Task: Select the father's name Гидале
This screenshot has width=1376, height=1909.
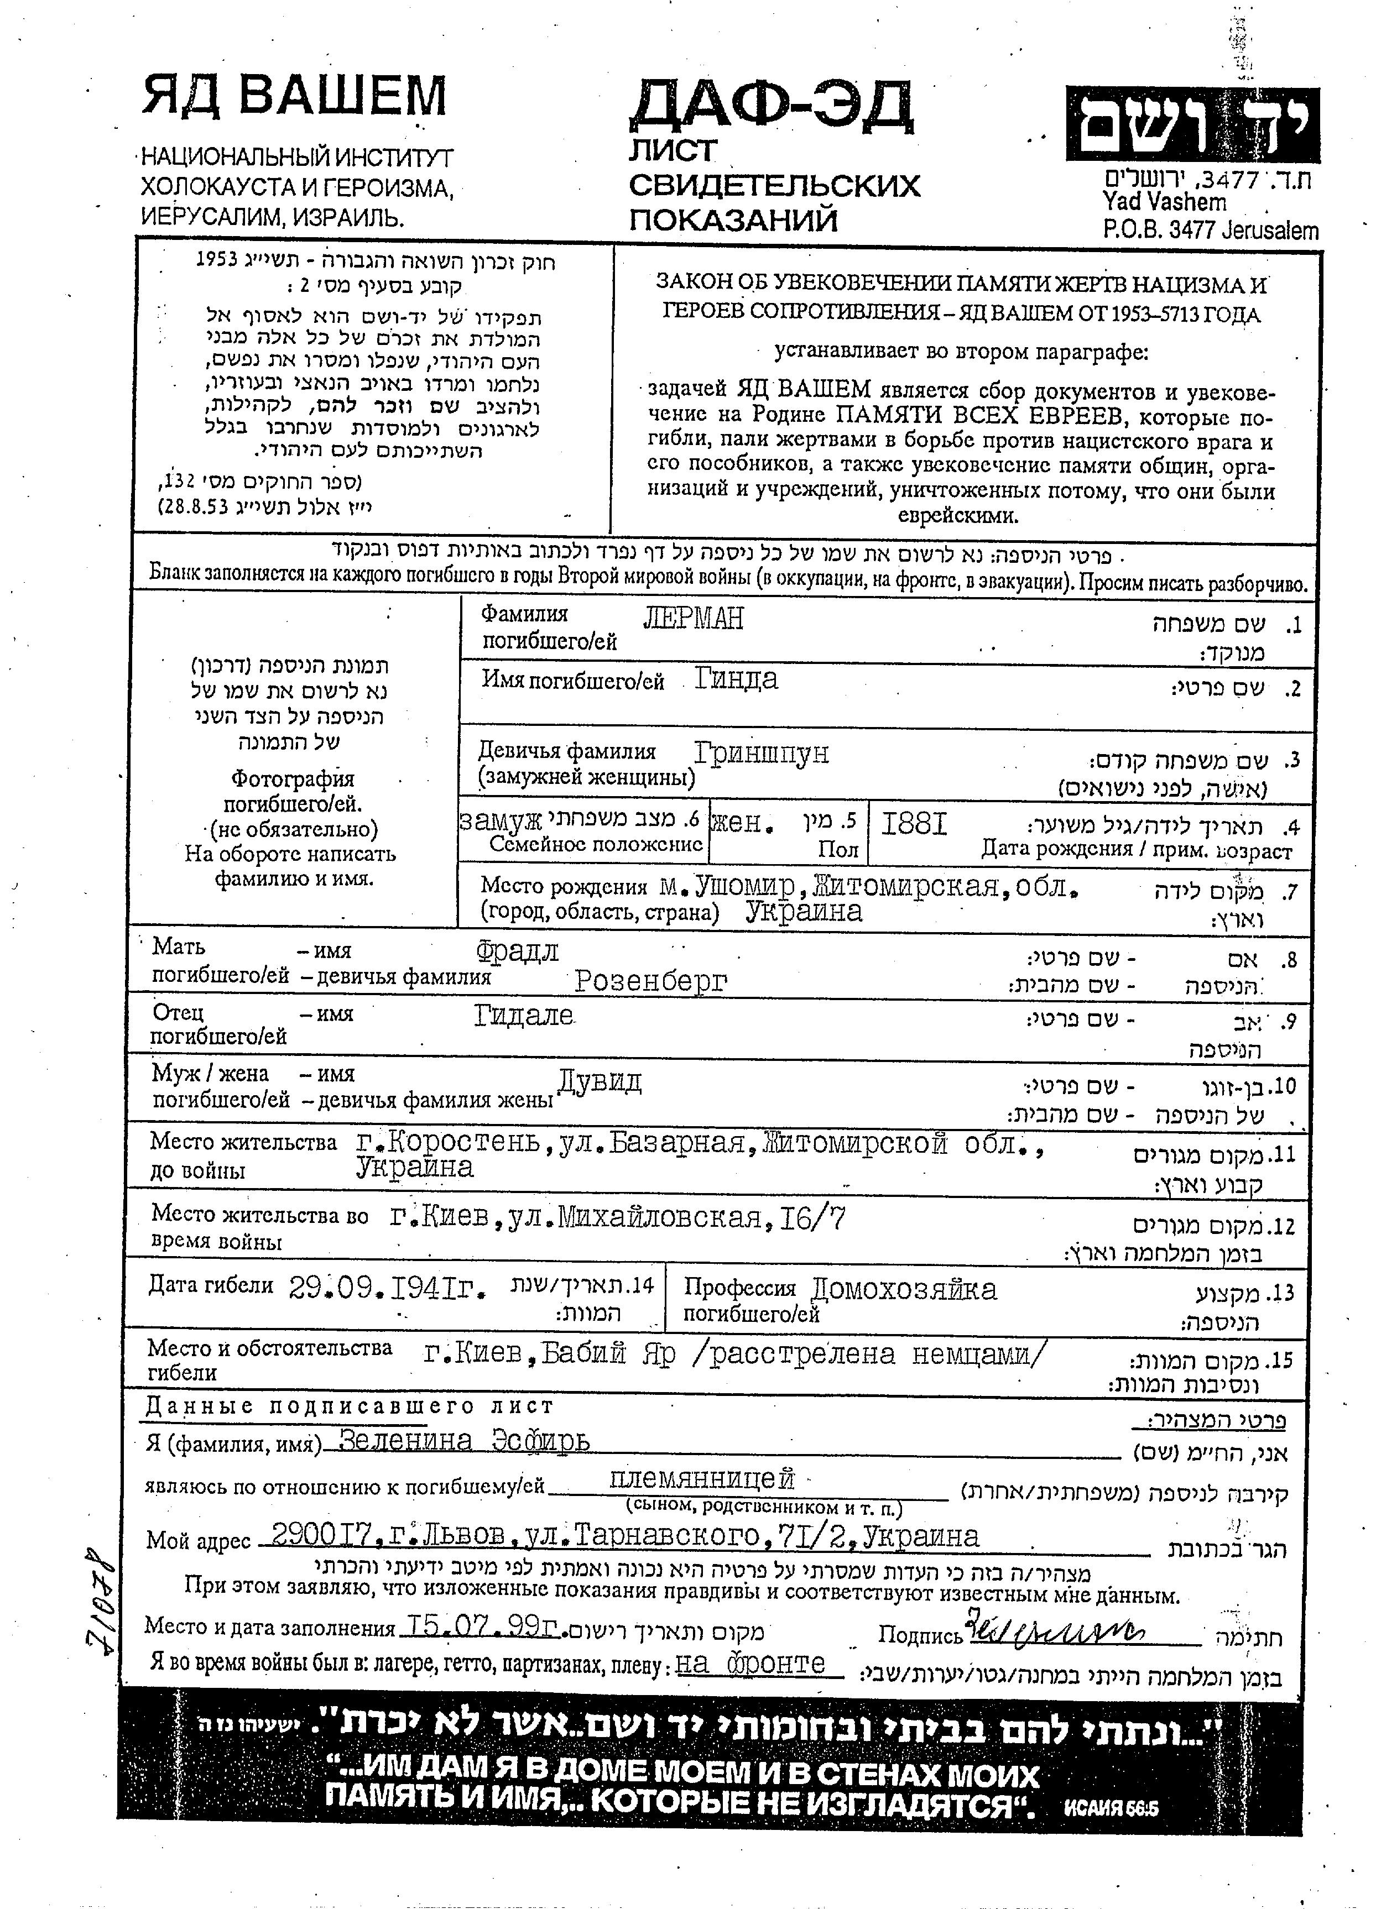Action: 524,1016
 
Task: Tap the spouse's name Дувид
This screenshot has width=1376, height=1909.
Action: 600,1081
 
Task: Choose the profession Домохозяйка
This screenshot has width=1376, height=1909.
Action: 904,1289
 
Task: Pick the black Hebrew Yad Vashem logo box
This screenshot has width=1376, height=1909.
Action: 1192,124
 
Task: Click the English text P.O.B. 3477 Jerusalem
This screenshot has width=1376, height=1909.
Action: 1210,230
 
